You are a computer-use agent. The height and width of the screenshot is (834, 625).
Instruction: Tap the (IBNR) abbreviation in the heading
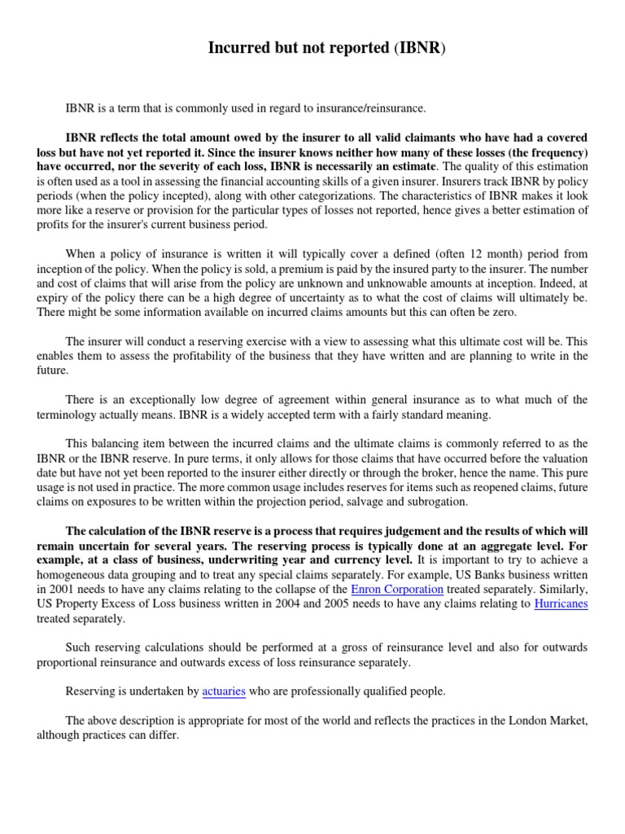421,48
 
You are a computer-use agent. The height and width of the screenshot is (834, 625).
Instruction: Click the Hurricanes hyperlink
561,604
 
